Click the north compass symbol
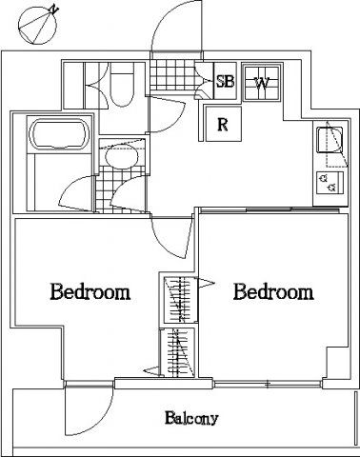click(x=37, y=26)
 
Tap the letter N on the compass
click(x=54, y=9)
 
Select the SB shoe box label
click(x=225, y=81)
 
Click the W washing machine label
click(x=262, y=83)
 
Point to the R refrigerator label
click(x=223, y=125)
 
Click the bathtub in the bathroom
click(x=58, y=134)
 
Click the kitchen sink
click(x=330, y=139)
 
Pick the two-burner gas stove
click(x=330, y=183)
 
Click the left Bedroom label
click(x=90, y=291)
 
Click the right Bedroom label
click(x=273, y=291)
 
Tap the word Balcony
click(x=191, y=418)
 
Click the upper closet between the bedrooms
click(x=181, y=300)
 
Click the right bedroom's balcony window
click(x=268, y=385)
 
